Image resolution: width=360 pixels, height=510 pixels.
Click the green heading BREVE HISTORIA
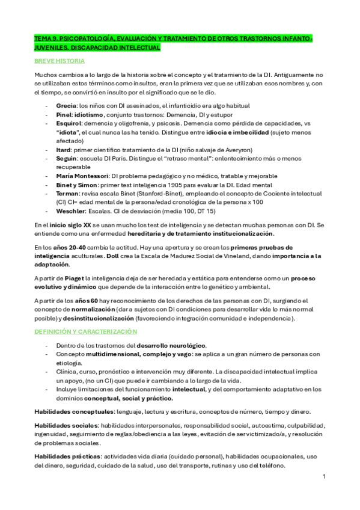(59, 61)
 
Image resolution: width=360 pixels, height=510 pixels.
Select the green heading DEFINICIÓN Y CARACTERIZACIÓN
(85, 331)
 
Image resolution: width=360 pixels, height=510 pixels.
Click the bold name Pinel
(64, 114)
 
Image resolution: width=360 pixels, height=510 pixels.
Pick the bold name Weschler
(70, 211)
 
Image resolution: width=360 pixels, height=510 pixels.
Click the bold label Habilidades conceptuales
(73, 411)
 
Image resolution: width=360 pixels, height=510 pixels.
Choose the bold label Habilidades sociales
(64, 425)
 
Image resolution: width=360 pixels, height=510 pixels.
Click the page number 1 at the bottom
(323, 476)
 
